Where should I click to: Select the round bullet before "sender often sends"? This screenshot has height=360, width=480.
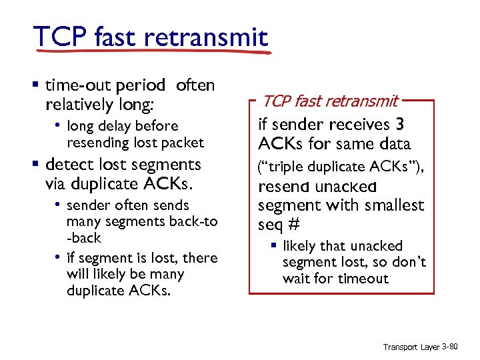[59, 204]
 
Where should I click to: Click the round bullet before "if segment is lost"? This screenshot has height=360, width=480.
[59, 257]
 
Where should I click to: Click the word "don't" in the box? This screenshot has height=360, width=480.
[411, 263]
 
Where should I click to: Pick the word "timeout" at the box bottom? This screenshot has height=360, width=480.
[362, 279]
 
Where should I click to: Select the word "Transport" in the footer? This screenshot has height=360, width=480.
[401, 347]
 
